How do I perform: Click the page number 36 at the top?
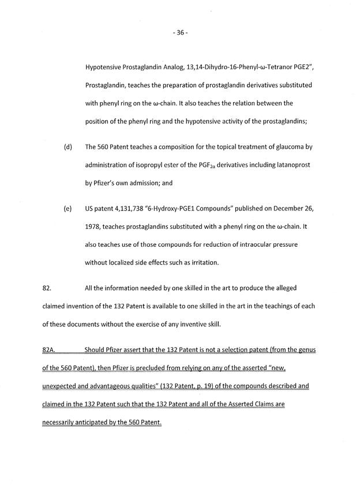tap(180, 33)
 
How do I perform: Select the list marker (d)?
tap(67, 147)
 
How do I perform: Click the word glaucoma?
tap(289, 147)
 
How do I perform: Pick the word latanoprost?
tap(294, 165)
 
